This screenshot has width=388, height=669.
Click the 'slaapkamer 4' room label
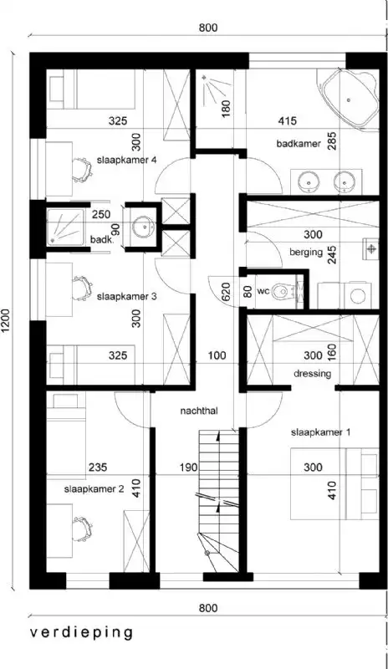pos(127,161)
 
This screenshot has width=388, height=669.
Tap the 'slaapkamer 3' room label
pos(126,296)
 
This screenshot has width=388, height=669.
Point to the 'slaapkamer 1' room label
pos(321,432)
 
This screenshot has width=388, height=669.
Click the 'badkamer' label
pos(299,144)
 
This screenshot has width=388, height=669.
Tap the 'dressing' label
pos(314,374)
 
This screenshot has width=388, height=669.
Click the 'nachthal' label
pos(199,411)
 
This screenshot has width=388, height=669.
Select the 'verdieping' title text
pos(82,632)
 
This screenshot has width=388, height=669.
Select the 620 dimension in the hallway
pos(225,292)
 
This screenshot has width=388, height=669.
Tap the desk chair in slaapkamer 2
pos(82,527)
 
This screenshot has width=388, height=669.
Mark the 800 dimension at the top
pos(208,28)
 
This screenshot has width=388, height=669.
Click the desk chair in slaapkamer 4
pos(79,168)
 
